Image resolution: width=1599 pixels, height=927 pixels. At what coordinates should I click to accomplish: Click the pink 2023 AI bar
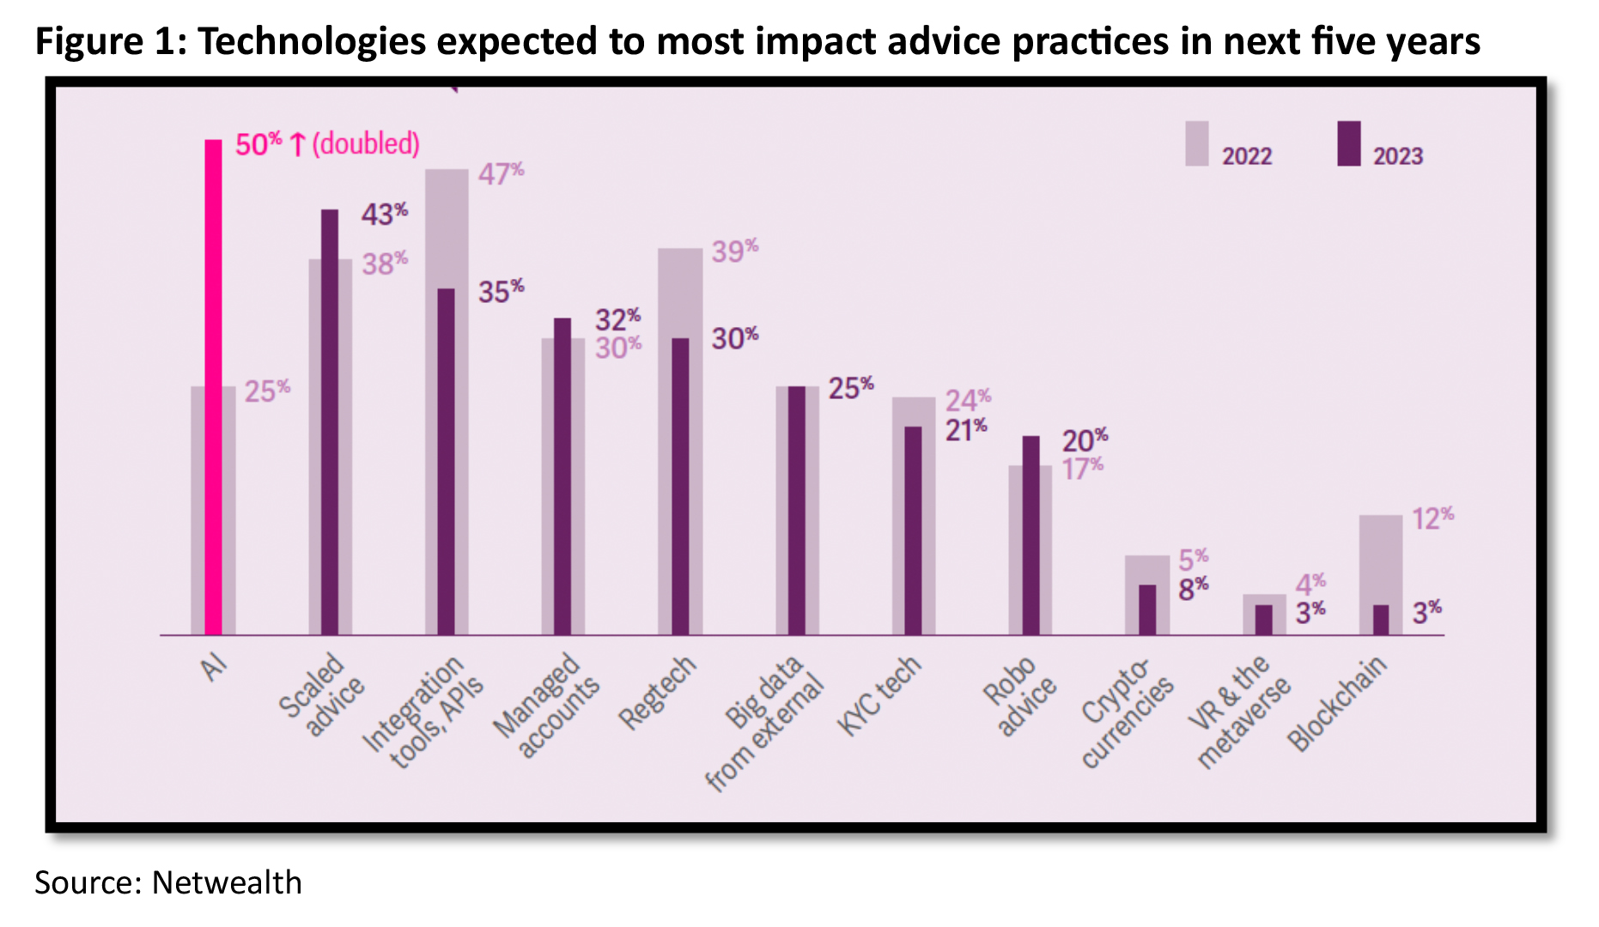213,386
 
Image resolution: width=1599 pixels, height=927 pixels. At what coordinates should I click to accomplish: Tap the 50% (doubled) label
327,143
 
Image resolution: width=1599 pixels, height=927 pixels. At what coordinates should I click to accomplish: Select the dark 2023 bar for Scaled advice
330,421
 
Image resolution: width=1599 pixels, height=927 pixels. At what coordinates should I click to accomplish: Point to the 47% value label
501,173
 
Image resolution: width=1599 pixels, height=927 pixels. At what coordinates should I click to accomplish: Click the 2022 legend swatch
1196,143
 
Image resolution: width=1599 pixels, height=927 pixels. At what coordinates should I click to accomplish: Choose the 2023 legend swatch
1348,143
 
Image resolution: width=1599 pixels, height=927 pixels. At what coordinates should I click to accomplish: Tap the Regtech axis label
657,693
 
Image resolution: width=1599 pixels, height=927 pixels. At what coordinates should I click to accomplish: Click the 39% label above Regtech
734,251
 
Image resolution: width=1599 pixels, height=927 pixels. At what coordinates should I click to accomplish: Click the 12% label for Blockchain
1432,518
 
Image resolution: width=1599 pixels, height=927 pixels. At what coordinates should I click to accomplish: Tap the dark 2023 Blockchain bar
1380,620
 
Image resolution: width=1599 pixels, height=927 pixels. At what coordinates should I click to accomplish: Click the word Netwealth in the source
227,882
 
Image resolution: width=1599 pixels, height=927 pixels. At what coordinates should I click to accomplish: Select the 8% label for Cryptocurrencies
1193,589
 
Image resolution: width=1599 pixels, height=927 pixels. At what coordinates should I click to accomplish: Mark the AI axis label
215,666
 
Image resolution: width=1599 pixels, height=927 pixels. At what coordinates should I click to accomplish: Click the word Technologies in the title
312,41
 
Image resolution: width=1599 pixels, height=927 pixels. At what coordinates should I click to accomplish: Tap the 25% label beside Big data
850,388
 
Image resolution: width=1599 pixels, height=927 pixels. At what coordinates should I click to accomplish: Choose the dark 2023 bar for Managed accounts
562,476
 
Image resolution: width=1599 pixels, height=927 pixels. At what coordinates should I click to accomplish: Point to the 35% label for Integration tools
501,291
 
